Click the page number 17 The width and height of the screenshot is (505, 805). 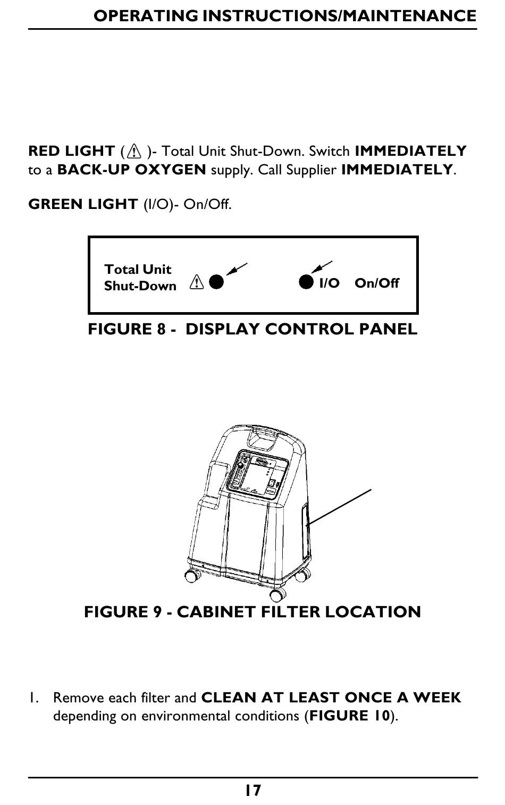coord(253,791)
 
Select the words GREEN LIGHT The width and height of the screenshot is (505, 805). coord(83,204)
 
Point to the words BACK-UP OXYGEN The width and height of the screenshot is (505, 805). coord(131,170)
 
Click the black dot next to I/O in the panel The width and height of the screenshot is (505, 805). coord(306,282)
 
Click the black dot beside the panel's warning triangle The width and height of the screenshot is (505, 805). coord(216,282)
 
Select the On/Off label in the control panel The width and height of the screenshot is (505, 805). coord(376,283)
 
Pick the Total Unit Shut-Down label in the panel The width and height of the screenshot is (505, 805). coord(140,278)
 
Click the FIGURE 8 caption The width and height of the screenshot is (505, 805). coord(252,329)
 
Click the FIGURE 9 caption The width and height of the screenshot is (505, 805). coord(252,612)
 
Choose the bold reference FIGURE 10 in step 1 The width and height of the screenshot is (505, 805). coord(350,716)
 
